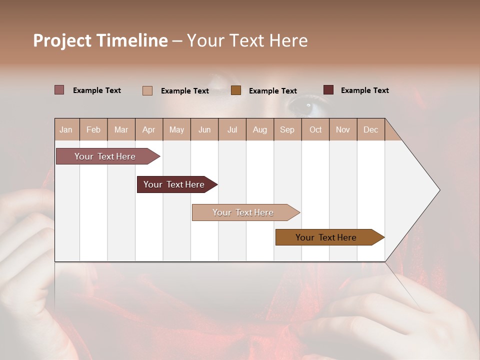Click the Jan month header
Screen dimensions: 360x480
tap(66, 129)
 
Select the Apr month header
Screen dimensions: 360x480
tap(149, 129)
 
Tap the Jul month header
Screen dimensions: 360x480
tap(232, 129)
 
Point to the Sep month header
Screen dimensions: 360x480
tap(287, 129)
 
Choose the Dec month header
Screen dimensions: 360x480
tap(370, 129)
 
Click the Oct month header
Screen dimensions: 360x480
tap(315, 129)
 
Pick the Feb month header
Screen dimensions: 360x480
tap(93, 129)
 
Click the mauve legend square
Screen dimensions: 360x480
tap(59, 90)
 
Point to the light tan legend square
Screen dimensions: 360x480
tap(147, 90)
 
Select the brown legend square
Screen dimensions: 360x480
tap(236, 90)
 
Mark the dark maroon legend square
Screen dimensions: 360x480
tap(328, 90)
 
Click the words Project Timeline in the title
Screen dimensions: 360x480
tap(100, 40)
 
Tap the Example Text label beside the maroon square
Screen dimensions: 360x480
tap(364, 90)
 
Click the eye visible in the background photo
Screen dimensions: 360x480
tap(306, 105)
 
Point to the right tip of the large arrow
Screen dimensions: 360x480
tap(438, 190)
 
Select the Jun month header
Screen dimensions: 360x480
tap(204, 129)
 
